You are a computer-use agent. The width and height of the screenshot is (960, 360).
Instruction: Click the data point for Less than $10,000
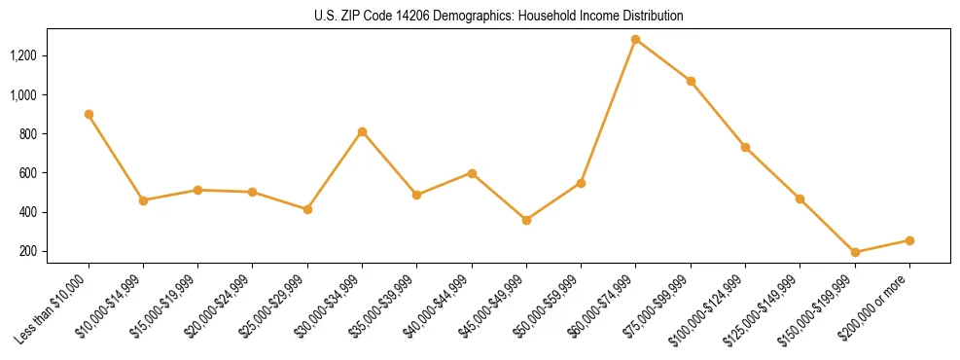pyautogui.click(x=89, y=114)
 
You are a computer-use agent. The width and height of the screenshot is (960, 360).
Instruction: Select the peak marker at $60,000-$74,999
pyautogui.click(x=636, y=40)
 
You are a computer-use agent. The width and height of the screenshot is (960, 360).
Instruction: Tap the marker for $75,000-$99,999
pyautogui.click(x=691, y=81)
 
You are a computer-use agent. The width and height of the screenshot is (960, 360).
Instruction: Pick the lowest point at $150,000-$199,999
pyautogui.click(x=855, y=252)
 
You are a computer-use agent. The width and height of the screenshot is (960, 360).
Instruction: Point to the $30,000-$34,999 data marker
pyautogui.click(x=362, y=131)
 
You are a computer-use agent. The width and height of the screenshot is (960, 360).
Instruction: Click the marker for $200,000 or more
pyautogui.click(x=909, y=240)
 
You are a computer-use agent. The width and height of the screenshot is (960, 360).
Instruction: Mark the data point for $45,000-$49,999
pyautogui.click(x=526, y=220)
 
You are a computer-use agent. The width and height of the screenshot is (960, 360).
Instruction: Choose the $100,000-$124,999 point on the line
pyautogui.click(x=745, y=147)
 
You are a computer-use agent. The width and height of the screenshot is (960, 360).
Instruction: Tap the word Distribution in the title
pyautogui.click(x=653, y=17)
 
